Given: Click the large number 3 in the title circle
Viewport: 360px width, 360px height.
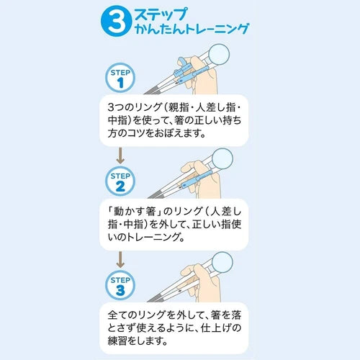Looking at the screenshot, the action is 116,22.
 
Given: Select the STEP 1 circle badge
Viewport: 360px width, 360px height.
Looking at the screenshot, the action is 120,78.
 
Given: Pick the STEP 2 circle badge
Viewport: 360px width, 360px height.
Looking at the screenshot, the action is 120,181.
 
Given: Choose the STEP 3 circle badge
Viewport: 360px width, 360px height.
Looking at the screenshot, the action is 120,285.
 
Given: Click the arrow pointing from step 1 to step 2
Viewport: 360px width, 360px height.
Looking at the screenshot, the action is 120,156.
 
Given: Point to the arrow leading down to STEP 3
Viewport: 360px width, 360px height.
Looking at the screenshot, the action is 120,260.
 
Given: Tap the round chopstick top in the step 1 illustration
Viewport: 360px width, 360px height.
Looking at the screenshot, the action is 219,55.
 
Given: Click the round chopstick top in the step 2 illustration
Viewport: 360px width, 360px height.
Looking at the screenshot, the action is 222,159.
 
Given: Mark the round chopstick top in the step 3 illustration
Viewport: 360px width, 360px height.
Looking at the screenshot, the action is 222,263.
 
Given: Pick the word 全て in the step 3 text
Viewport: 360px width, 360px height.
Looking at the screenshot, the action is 117,315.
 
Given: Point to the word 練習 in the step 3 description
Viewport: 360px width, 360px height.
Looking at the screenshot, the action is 117,341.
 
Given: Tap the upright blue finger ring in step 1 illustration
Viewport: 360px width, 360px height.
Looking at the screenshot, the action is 182,63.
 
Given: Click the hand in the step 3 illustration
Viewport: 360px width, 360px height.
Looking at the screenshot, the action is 204,283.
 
